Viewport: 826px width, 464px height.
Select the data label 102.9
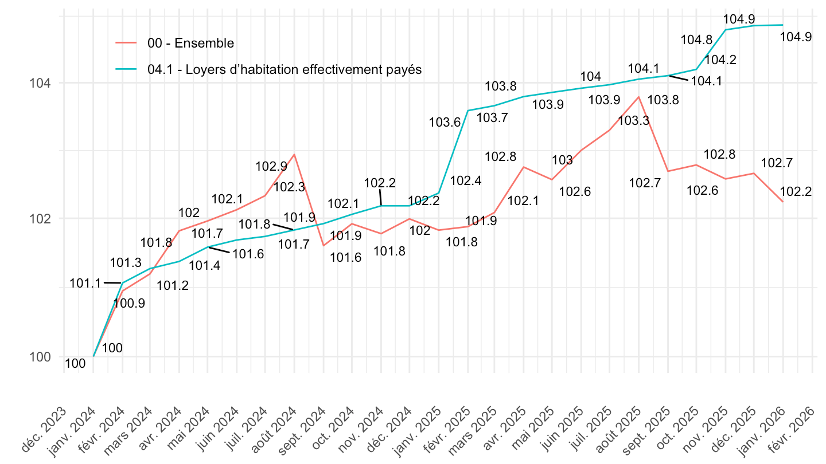pos(271,167)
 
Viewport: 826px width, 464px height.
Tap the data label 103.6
pos(445,121)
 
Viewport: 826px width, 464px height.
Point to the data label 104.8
pos(696,40)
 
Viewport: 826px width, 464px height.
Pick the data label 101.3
pos(126,263)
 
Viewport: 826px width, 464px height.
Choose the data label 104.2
pos(720,60)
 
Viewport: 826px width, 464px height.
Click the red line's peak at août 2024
pos(294,154)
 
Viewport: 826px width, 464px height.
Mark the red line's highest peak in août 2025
pos(638,97)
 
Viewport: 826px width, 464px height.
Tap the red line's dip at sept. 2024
pos(324,246)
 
